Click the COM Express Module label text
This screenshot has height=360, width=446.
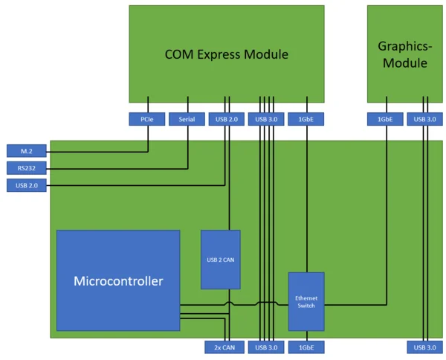(x=226, y=54)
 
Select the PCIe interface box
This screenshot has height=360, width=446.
(x=147, y=118)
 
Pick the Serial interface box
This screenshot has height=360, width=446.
(x=187, y=118)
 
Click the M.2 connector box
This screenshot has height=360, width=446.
(x=26, y=151)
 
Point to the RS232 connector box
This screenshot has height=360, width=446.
(x=26, y=168)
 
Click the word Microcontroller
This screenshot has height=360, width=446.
(x=118, y=281)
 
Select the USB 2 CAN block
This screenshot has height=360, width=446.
(x=220, y=260)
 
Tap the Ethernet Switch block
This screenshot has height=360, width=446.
(x=306, y=301)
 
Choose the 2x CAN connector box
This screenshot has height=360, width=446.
(x=224, y=347)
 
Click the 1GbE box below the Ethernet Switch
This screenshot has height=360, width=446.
(x=306, y=347)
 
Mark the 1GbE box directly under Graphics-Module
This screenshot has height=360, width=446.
(x=385, y=118)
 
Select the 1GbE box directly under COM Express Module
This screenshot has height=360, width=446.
(x=306, y=118)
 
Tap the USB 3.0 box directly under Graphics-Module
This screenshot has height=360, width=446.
(x=425, y=118)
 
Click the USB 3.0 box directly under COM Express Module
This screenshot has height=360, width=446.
(x=266, y=118)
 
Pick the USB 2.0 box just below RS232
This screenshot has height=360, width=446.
(x=26, y=185)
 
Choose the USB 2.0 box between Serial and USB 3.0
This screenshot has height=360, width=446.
(x=227, y=118)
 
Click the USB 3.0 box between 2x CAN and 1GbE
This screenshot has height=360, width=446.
(x=266, y=347)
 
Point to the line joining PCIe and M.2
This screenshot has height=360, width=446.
(x=97, y=152)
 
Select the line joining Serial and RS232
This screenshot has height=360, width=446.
(x=111, y=168)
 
